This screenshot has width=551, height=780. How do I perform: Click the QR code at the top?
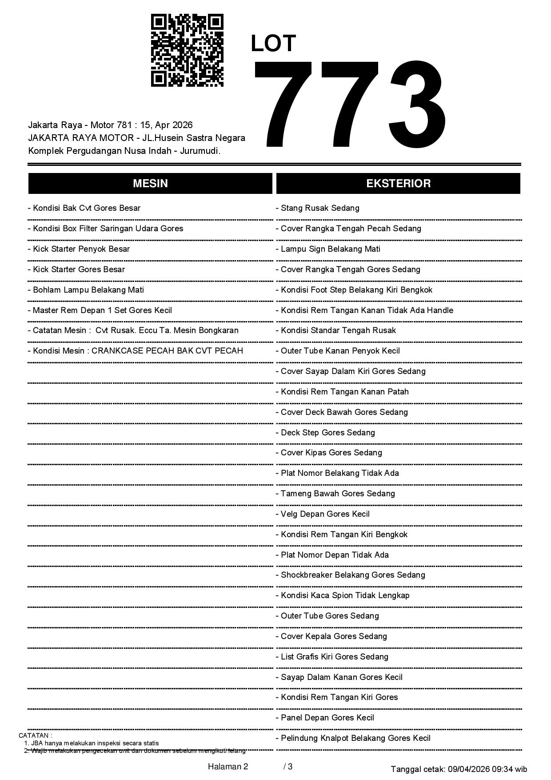click(x=187, y=50)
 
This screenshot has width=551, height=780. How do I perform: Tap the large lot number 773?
click(x=350, y=105)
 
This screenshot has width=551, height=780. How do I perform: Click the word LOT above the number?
click(x=273, y=44)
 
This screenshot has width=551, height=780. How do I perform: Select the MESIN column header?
click(x=150, y=184)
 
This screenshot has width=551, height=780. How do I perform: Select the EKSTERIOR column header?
click(x=398, y=184)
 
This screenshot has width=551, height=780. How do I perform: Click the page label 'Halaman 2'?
click(x=228, y=767)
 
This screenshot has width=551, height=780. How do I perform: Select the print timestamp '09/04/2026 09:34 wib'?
click(x=487, y=769)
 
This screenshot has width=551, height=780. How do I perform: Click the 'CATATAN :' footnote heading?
click(x=36, y=736)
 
